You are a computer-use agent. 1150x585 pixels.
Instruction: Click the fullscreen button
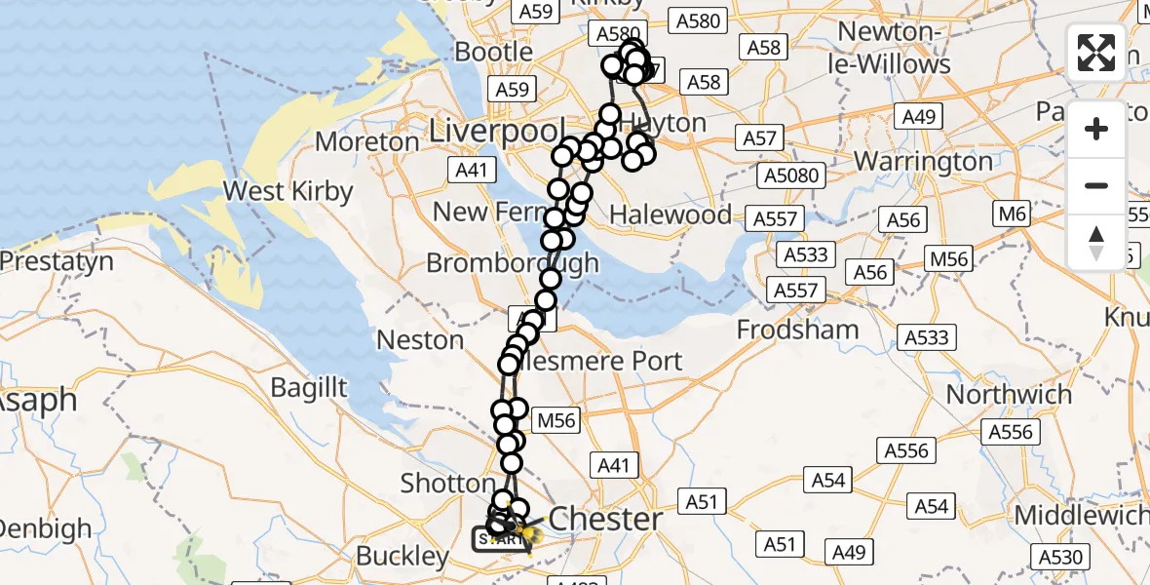pyautogui.click(x=1096, y=53)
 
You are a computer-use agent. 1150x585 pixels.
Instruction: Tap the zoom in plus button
pyautogui.click(x=1096, y=129)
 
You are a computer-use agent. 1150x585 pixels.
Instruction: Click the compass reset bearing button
pyautogui.click(x=1096, y=242)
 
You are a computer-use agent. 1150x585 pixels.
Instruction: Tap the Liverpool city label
pyautogui.click(x=497, y=131)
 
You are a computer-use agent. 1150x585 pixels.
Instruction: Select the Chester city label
pyautogui.click(x=605, y=519)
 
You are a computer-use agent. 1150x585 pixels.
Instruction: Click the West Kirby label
pyautogui.click(x=287, y=191)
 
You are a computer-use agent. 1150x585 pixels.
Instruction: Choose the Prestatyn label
pyautogui.click(x=57, y=262)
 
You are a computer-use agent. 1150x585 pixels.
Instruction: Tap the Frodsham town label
pyautogui.click(x=797, y=330)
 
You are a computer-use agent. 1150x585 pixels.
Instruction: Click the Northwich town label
pyautogui.click(x=1009, y=395)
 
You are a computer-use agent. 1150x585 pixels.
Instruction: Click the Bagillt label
pyautogui.click(x=309, y=388)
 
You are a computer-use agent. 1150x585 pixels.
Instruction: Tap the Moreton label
pyautogui.click(x=367, y=142)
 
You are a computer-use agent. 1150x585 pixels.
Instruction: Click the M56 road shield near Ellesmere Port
pyautogui.click(x=556, y=420)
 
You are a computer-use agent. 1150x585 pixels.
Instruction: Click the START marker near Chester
pyautogui.click(x=497, y=538)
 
